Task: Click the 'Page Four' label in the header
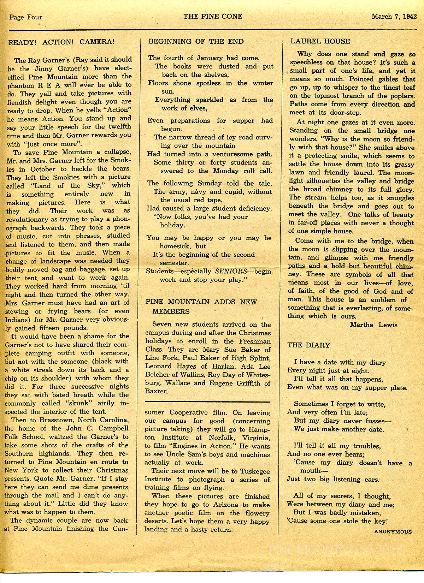tap(26, 17)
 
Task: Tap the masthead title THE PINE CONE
tap(213, 16)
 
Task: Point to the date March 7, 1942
tap(394, 16)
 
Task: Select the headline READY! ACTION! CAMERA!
tap(61, 42)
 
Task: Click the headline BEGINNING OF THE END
tap(196, 41)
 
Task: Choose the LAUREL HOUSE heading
tap(320, 41)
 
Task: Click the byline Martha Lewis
tap(373, 325)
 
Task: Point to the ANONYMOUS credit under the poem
tap(393, 531)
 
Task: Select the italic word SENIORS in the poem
tap(231, 271)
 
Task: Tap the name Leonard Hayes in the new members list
tap(166, 366)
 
